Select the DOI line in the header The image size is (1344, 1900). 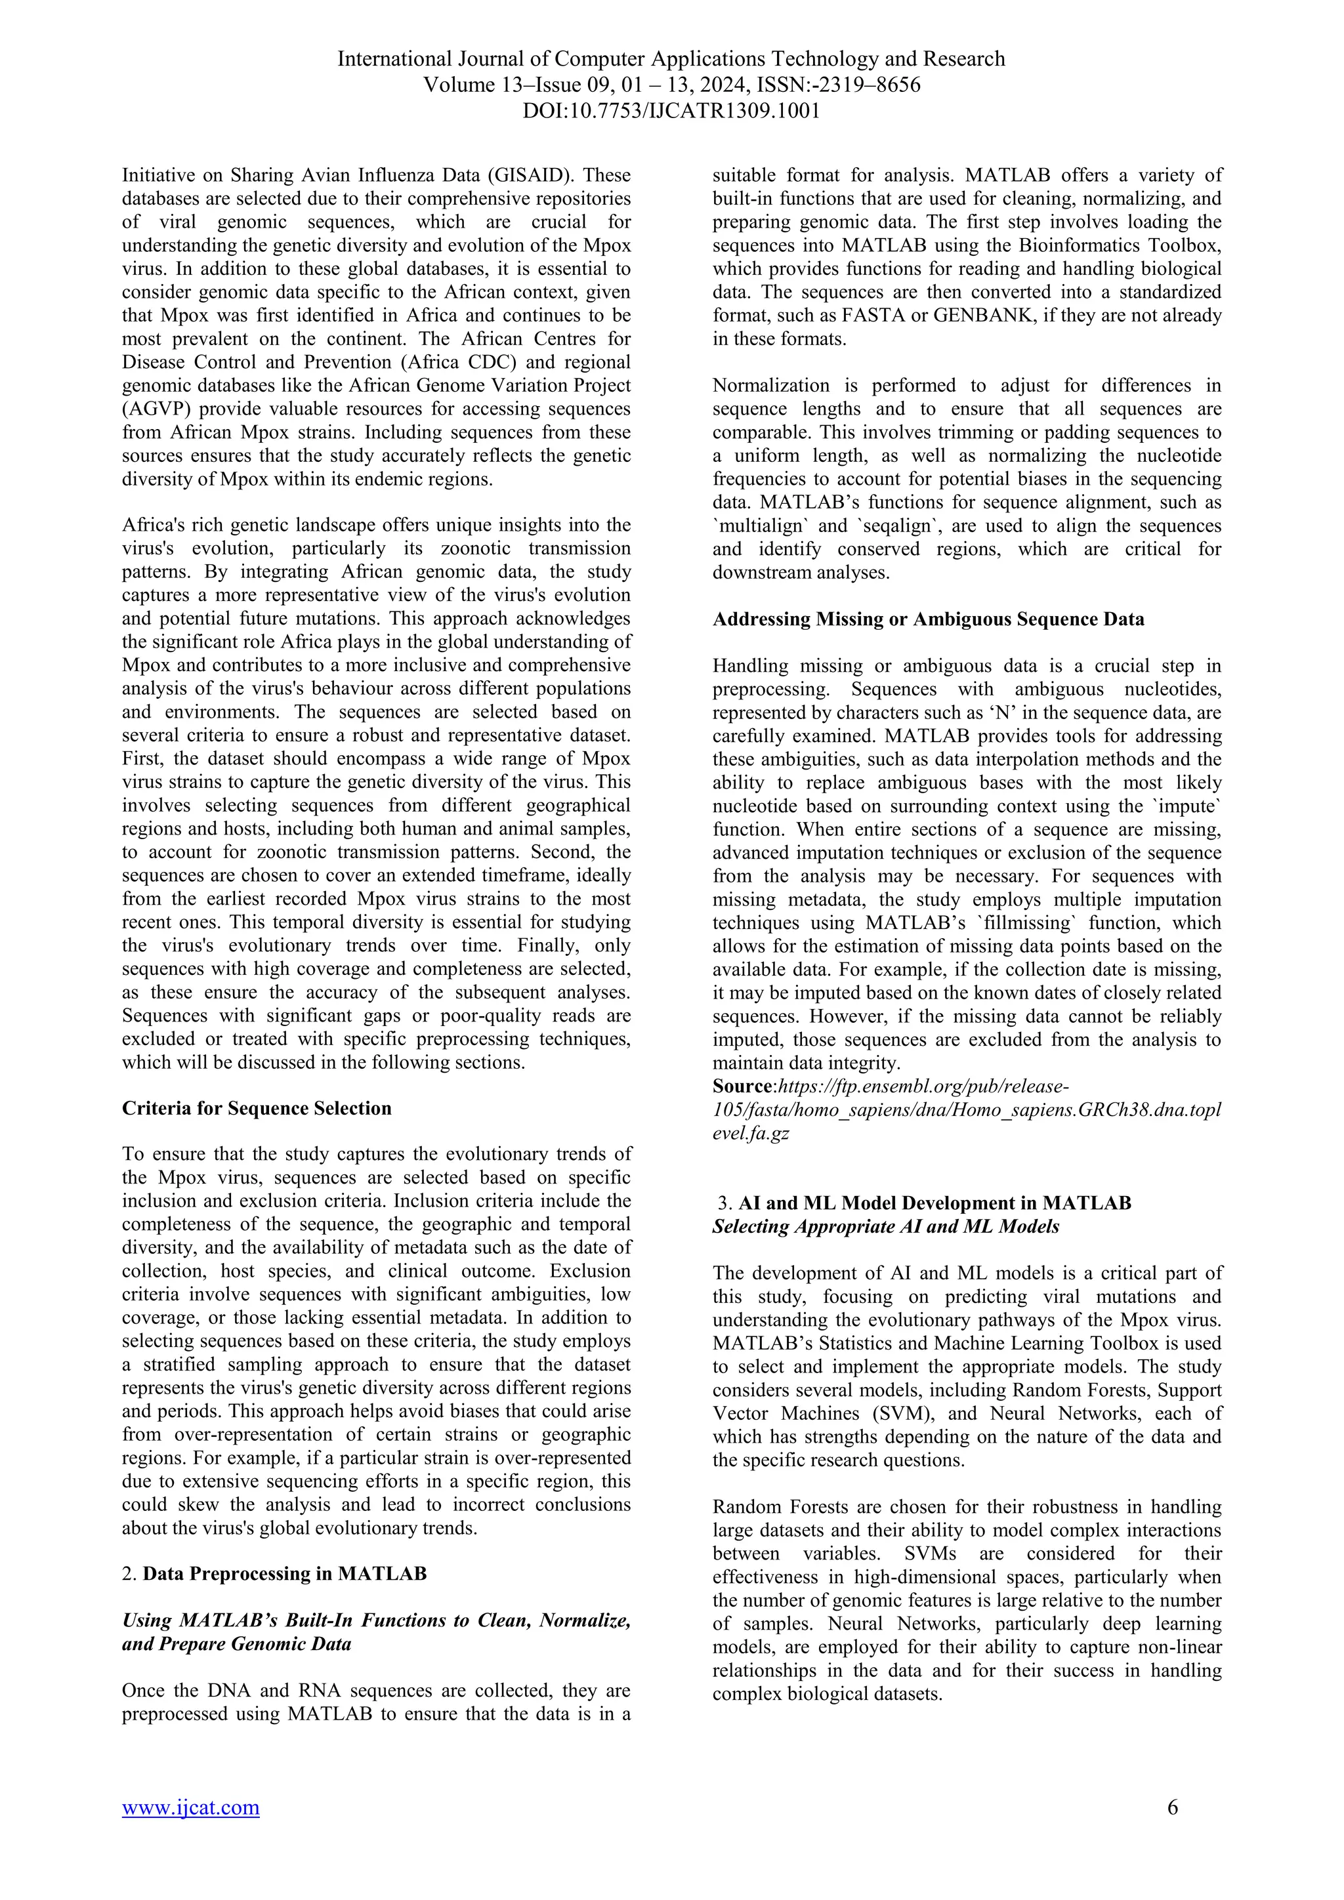point(671,110)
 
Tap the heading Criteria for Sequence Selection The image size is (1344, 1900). point(257,1108)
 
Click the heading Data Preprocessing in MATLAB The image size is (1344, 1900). point(285,1573)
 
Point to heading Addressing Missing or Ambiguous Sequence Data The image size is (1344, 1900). point(928,619)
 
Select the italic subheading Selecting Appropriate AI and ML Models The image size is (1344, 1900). point(885,1226)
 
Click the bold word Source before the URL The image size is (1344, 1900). point(742,1086)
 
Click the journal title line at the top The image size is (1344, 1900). point(671,59)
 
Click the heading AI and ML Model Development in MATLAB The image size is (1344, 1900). point(934,1203)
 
